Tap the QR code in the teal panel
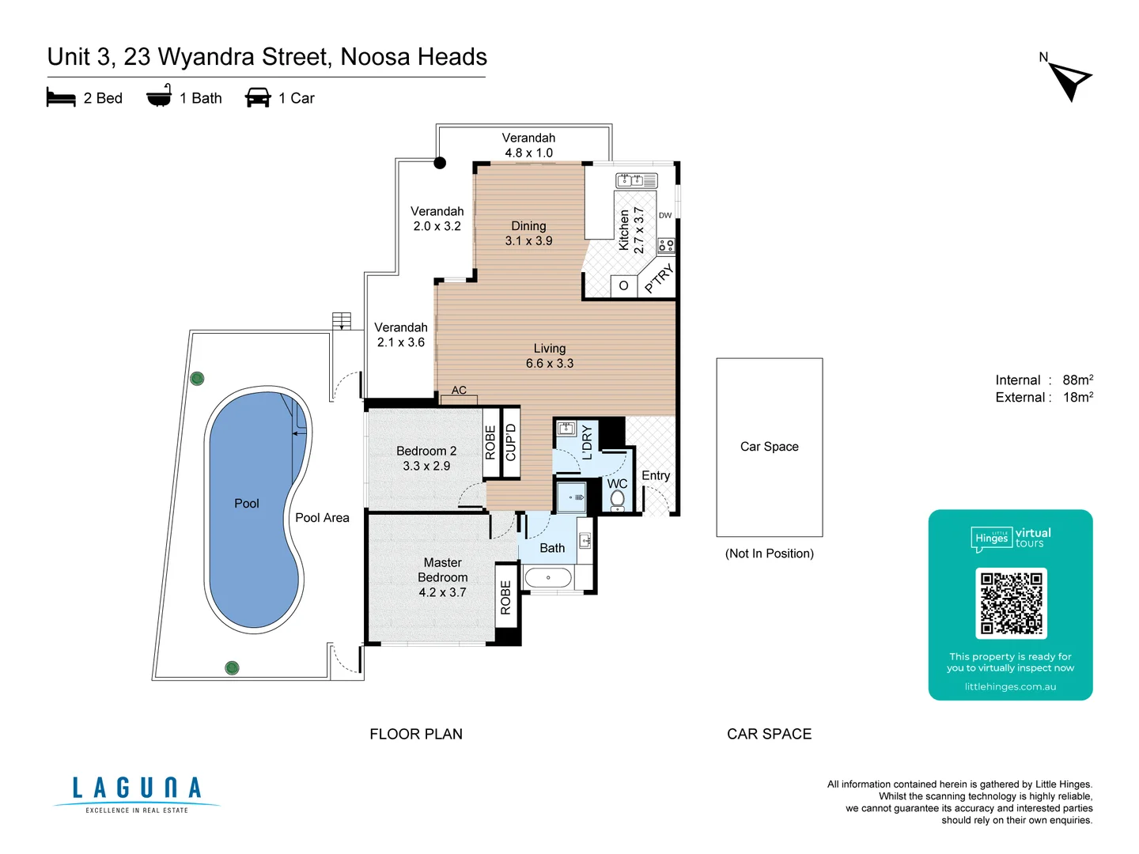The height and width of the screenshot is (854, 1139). tap(1011, 603)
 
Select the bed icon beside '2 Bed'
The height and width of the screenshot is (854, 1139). tap(61, 98)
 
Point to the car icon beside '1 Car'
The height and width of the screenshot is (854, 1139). tap(258, 98)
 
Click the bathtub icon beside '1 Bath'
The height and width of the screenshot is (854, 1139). tap(159, 96)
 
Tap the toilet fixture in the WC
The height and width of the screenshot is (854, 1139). tap(618, 499)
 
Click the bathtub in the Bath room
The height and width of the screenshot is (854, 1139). tap(548, 578)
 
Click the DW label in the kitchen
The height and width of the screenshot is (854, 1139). tap(665, 215)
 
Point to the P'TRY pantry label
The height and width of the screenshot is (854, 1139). tap(659, 278)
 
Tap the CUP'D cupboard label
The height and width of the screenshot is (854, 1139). tap(511, 443)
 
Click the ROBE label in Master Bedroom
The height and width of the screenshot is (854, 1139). tap(506, 597)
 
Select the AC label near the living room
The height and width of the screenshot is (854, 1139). tap(459, 390)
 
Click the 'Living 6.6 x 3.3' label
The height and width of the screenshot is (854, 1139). tap(550, 356)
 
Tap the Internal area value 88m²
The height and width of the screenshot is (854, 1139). tap(1077, 380)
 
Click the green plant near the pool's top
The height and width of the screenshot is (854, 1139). tap(198, 379)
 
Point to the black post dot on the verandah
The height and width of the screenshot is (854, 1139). tap(440, 163)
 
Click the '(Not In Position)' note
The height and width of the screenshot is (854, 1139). tap(769, 554)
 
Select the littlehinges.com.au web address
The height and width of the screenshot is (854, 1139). tap(1010, 686)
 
